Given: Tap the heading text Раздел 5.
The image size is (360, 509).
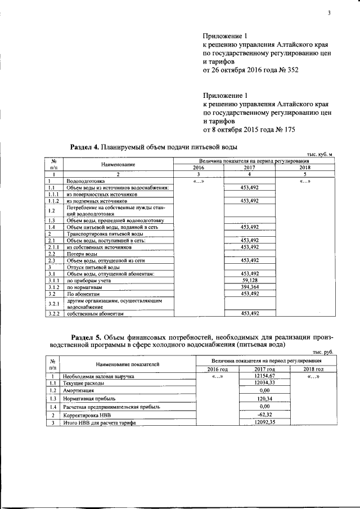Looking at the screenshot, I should [x=89, y=336].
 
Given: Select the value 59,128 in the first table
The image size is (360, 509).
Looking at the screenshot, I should [x=249, y=280].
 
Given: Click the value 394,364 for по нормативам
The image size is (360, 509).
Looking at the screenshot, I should [x=249, y=286].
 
